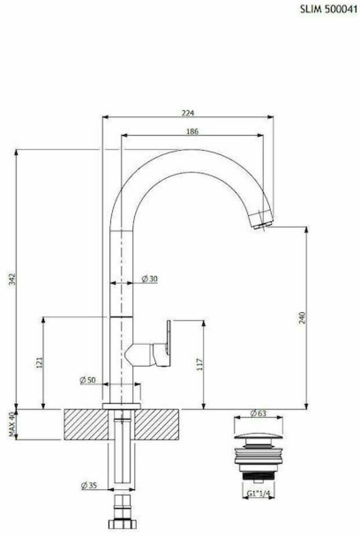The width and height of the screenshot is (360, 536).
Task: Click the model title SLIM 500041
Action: [x=328, y=9]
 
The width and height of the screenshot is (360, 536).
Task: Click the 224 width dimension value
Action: [x=188, y=113]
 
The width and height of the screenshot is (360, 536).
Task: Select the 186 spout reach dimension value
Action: [x=192, y=131]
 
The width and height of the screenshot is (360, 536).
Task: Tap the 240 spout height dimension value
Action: [x=302, y=317]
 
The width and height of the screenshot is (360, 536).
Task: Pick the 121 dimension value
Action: [x=40, y=362]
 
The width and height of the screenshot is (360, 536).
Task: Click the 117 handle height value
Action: [x=200, y=364]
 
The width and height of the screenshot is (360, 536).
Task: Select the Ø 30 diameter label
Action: [x=150, y=279]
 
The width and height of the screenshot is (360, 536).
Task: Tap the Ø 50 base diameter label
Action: [x=88, y=380]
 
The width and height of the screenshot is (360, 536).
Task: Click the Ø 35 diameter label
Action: [x=89, y=485]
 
